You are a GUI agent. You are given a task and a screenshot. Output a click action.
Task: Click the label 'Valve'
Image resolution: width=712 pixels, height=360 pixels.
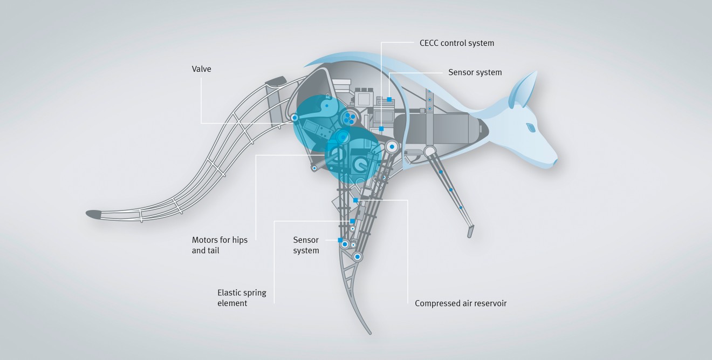(x=202, y=69)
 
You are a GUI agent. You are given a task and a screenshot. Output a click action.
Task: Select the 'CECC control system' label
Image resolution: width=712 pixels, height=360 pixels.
(x=456, y=43)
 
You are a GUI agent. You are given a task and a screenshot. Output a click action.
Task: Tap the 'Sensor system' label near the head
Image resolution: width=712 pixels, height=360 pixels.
(x=475, y=72)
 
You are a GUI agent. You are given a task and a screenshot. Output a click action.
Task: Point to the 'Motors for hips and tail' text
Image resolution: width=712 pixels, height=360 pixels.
(x=220, y=245)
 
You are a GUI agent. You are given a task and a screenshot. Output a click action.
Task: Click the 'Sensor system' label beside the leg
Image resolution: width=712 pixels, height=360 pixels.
(x=306, y=245)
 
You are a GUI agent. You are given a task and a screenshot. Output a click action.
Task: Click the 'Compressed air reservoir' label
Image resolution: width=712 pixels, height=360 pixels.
(x=461, y=303)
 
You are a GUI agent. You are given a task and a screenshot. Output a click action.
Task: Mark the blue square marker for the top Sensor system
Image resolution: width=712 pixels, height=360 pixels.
(x=389, y=100)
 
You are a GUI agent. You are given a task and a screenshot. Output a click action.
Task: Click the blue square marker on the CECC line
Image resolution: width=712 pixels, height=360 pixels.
(x=381, y=129)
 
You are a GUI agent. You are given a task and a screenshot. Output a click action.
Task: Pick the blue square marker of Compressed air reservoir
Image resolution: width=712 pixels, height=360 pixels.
(x=355, y=200)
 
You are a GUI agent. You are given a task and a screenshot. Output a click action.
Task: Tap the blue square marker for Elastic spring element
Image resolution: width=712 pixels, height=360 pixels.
(x=352, y=221)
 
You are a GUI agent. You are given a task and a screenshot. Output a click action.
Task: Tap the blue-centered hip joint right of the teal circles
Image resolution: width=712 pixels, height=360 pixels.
(x=392, y=146)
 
